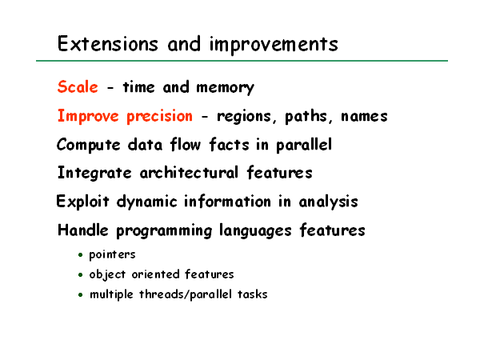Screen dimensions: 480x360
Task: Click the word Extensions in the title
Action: pyautogui.click(x=107, y=43)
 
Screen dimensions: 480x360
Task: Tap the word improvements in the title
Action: pyautogui.click(x=274, y=45)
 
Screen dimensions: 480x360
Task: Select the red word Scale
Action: pyautogui.click(x=78, y=86)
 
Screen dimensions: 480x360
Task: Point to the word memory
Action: pyautogui.click(x=225, y=88)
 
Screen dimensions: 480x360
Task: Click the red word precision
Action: pyautogui.click(x=159, y=117)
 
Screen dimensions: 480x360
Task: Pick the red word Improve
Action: pyautogui.click(x=88, y=116)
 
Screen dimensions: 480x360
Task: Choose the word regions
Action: pyautogui.click(x=244, y=117)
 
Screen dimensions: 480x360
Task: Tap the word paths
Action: pyautogui.click(x=306, y=116)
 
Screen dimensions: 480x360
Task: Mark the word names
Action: pyautogui.click(x=364, y=117)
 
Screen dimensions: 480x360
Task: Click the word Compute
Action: pyautogui.click(x=89, y=145)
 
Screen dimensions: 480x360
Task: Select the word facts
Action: pyautogui.click(x=229, y=145)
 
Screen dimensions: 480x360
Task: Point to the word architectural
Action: pyautogui.click(x=189, y=173)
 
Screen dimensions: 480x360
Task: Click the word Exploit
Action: pyautogui.click(x=82, y=202)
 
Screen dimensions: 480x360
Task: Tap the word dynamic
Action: pyautogui.click(x=146, y=202)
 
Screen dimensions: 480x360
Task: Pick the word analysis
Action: pyautogui.click(x=328, y=202)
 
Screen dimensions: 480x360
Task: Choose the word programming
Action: pyautogui.click(x=164, y=231)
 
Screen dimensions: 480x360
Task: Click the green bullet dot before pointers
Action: pyautogui.click(x=81, y=254)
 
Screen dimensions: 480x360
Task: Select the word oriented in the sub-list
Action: pyautogui.click(x=155, y=274)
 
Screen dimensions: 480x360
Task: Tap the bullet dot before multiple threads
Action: pyautogui.click(x=81, y=294)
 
